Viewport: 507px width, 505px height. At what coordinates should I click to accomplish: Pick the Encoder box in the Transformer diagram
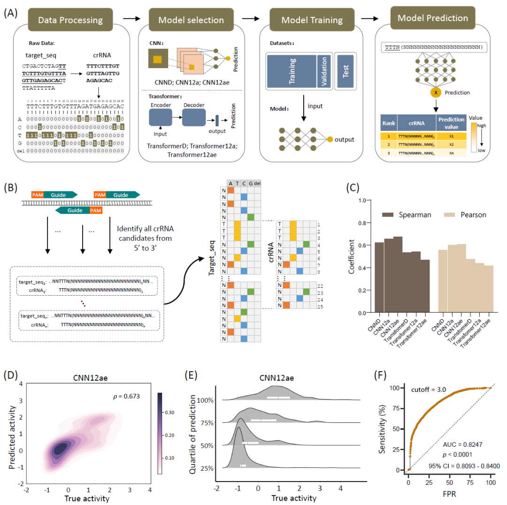pos(161,115)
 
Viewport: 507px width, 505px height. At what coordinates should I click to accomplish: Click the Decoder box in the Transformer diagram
pos(192,115)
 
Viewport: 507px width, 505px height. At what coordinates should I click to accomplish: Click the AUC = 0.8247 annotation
pos(459,444)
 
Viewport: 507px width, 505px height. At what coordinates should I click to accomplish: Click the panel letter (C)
pos(353,187)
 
